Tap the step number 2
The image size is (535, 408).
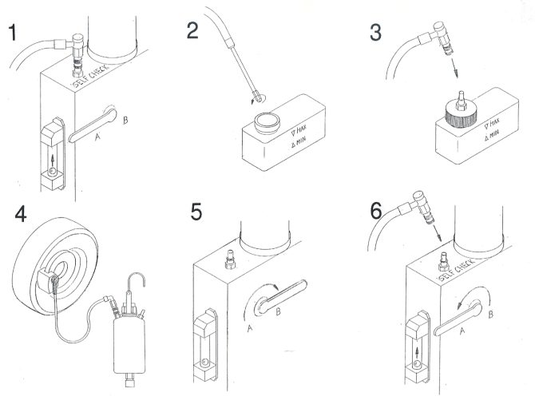pyautogui.click(x=192, y=33)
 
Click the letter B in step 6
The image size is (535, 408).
pyautogui.click(x=490, y=314)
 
